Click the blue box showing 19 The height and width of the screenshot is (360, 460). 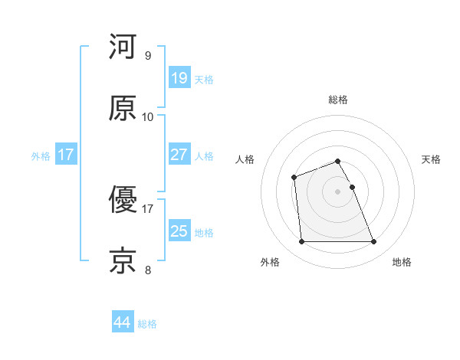coord(179,77)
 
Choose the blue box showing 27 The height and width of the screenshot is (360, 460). coord(179,155)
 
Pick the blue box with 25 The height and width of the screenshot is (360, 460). coord(179,231)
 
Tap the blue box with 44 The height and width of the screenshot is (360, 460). coord(122,322)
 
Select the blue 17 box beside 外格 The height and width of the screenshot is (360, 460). coord(66,155)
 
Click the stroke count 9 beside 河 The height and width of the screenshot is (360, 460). coord(148,56)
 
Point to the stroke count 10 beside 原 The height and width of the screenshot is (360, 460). coord(148,117)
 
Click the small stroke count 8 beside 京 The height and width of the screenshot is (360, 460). coord(148,270)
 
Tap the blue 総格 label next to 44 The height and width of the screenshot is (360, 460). coord(148,324)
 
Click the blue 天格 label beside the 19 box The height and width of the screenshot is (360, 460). coord(204,79)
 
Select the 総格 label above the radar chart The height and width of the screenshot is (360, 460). coord(338,100)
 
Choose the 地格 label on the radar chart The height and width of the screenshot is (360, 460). coord(402,263)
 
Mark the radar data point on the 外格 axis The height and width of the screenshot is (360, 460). coord(301,242)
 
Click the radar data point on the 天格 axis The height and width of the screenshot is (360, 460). coord(352,187)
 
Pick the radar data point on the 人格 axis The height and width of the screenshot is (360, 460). coord(294,178)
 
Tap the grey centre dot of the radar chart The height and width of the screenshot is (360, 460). coord(338,191)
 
